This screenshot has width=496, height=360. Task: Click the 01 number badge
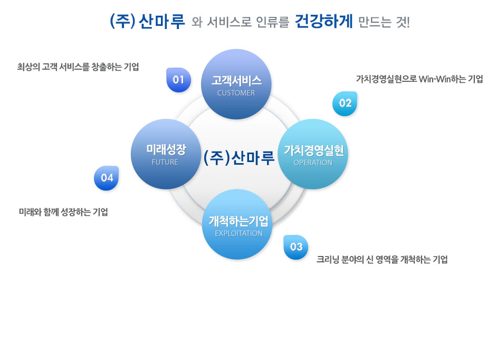(x=178, y=80)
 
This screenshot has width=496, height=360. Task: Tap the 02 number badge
(x=345, y=103)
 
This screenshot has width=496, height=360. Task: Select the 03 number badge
(x=296, y=247)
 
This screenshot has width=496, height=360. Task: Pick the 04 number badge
(x=106, y=178)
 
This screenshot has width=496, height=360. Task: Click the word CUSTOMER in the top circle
(x=236, y=93)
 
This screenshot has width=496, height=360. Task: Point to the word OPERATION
(x=313, y=163)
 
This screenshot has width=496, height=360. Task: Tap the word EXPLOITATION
(x=239, y=233)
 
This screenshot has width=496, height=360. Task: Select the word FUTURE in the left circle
(x=165, y=162)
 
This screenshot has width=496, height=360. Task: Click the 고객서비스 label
(x=236, y=81)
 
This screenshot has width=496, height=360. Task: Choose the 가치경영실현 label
(x=314, y=150)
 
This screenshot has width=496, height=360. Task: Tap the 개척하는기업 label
(x=239, y=221)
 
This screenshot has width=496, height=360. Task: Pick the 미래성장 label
(x=166, y=149)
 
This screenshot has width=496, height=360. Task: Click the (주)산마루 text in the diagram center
(x=239, y=158)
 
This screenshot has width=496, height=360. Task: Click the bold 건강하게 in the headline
(x=323, y=22)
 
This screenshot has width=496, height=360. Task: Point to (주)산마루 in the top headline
(x=147, y=22)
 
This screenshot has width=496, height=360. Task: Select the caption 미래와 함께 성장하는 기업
(x=63, y=212)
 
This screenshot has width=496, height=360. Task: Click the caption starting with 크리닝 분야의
(x=382, y=260)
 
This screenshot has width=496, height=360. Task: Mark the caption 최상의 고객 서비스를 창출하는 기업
(x=78, y=67)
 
